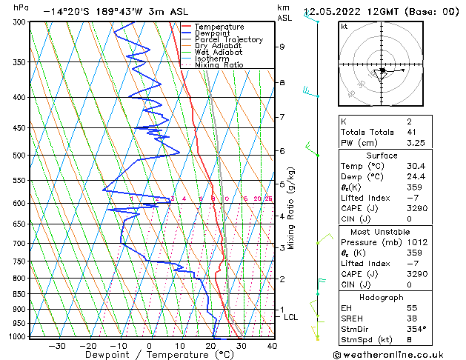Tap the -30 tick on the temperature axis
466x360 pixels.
coord(57,345)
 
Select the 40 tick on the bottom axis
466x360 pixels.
coord(272,345)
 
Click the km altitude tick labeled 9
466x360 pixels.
coord(282,47)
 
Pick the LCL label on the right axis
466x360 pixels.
coord(291,317)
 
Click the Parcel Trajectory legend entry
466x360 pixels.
coord(228,40)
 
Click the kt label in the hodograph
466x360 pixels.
coord(344,27)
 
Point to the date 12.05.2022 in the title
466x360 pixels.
coord(335,12)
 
